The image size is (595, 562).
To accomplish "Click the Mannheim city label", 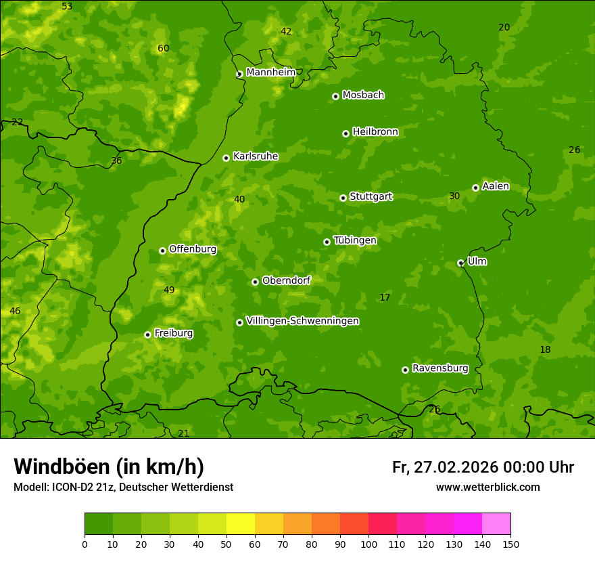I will (271, 72).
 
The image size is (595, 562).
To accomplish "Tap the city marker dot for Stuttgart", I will (343, 198).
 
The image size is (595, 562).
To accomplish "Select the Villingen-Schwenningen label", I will (302, 321).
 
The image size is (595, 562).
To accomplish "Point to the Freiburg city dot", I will (147, 334).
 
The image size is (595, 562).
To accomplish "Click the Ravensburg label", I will (440, 368).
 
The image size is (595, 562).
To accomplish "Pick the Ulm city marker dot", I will (460, 263).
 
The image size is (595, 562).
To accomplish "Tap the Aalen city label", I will (496, 186).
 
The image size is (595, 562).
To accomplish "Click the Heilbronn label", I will (375, 132).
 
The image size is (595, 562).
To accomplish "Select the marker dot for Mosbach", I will (335, 96).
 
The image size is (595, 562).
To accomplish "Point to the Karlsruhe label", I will (256, 156).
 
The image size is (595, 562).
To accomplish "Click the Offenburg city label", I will (193, 249).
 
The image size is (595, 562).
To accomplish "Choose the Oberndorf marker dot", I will (255, 282).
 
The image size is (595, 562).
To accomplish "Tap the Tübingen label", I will (355, 240).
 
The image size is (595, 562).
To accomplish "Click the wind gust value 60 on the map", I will (163, 48).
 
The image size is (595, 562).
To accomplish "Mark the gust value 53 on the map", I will (67, 6).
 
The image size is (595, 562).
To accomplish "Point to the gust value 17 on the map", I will (385, 297).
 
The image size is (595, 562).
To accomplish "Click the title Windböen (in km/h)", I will (109, 467).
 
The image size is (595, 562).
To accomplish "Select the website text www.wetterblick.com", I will (487, 487).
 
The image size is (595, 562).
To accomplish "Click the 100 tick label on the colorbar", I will (368, 544).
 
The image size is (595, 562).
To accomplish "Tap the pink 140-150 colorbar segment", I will (496, 524).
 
